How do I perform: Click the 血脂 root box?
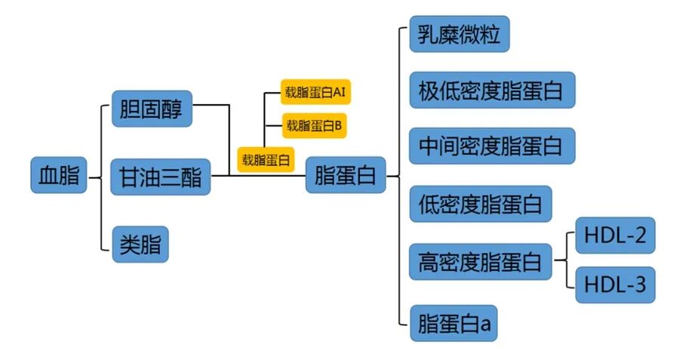pyautogui.click(x=59, y=175)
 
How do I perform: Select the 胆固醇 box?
pyautogui.click(x=152, y=109)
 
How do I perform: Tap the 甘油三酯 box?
pyautogui.click(x=161, y=177)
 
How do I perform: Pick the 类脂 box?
pyautogui.click(x=140, y=244)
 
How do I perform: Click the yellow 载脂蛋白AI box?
pyautogui.click(x=315, y=92)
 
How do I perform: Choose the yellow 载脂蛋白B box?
pyautogui.click(x=315, y=125)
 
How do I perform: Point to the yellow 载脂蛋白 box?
pyautogui.click(x=266, y=159)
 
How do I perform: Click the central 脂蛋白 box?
pyautogui.click(x=346, y=175)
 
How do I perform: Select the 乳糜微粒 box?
pyautogui.click(x=460, y=34)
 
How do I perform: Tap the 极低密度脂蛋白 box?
pyautogui.click(x=492, y=91)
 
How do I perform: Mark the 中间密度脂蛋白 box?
pyautogui.click(x=492, y=146)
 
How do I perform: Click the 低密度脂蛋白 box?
pyautogui.click(x=481, y=204)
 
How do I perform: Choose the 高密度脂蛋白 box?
pyautogui.click(x=481, y=262)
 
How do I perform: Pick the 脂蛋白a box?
pyautogui.click(x=454, y=323)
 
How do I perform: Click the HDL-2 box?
pyautogui.click(x=615, y=235)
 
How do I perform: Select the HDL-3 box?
pyautogui.click(x=615, y=285)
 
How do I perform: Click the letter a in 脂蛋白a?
pyautogui.click(x=485, y=325)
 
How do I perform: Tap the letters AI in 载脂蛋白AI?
pyautogui.click(x=339, y=92)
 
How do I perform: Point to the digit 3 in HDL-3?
pyautogui.click(x=639, y=285)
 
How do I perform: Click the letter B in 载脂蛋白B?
pyautogui.click(x=338, y=125)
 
